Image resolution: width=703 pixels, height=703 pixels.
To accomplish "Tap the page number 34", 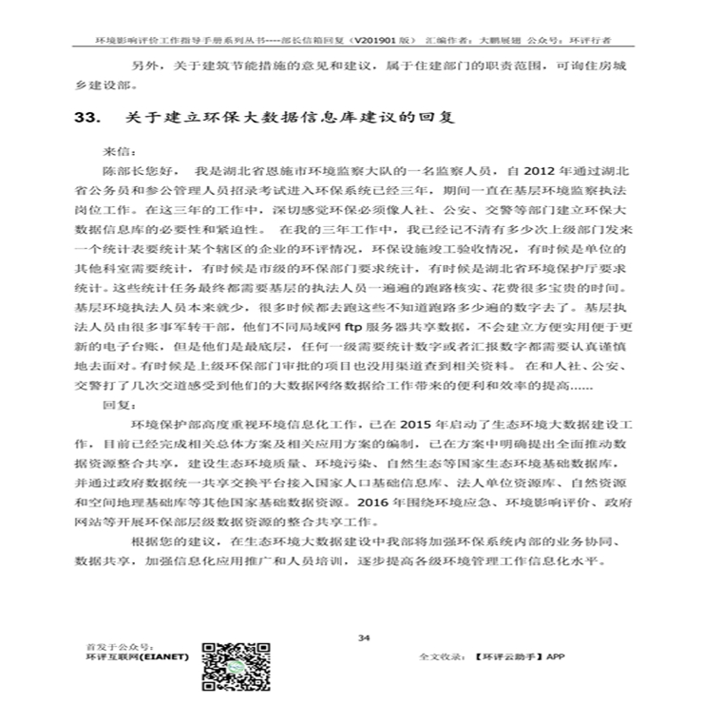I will tap(363, 637).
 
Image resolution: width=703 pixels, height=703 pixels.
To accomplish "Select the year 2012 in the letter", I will tap(527, 171).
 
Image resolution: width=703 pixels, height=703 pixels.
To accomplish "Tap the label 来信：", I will tap(120, 150).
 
